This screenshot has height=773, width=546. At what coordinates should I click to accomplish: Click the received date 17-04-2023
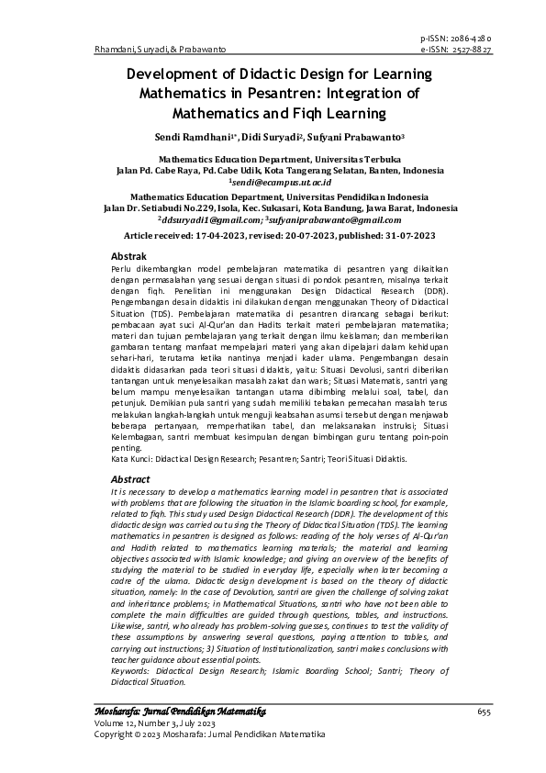pos(228,236)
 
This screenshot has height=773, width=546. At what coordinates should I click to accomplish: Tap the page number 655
pos(485,712)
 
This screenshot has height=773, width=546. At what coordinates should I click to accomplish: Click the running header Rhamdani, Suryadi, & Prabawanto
pos(161,49)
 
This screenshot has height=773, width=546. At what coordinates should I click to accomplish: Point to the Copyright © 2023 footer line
pos(210,734)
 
